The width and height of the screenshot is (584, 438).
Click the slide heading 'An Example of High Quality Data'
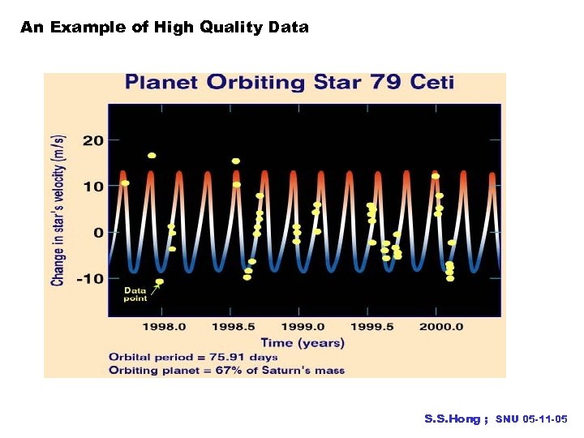tap(165, 28)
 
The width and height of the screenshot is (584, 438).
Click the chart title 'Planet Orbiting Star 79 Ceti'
tap(289, 83)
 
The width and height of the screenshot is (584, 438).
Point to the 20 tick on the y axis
tap(93, 140)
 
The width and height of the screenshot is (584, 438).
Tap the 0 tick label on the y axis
tap(98, 233)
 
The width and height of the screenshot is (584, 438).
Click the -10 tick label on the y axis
tap(89, 279)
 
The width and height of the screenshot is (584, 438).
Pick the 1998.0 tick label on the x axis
tap(165, 326)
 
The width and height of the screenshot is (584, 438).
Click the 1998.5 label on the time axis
tap(234, 326)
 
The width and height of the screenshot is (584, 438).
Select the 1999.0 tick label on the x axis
tap(303, 326)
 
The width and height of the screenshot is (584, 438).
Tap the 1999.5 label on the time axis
tap(372, 326)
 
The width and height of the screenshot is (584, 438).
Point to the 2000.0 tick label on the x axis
tap(441, 326)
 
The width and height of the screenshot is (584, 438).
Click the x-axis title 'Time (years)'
tap(303, 342)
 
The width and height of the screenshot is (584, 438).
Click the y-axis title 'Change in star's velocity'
tap(58, 211)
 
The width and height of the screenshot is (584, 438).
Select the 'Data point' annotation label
tap(135, 294)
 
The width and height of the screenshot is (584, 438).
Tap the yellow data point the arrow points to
tap(160, 281)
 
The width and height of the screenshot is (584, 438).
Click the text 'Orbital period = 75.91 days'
tap(193, 357)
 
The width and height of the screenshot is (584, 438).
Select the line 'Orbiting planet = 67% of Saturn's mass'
tap(226, 370)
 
